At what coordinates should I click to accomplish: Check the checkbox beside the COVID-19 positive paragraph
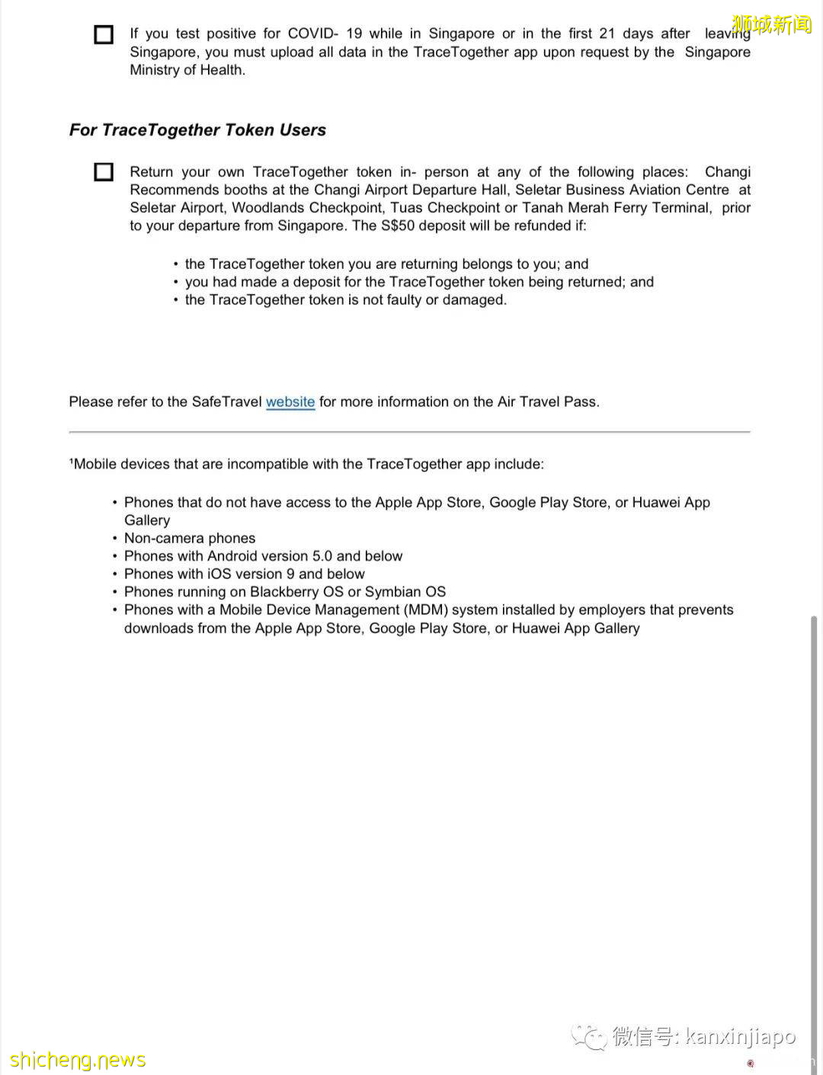(104, 35)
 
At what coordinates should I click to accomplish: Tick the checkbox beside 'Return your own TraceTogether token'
(104, 172)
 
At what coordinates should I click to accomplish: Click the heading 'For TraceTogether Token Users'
(197, 130)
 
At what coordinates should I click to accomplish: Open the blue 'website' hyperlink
(290, 402)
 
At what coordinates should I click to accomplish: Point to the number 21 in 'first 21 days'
(607, 34)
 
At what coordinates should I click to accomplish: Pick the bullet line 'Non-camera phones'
(190, 539)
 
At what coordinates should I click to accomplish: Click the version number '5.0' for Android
(322, 556)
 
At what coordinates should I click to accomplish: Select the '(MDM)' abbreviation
(425, 610)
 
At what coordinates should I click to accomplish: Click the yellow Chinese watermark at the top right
(771, 25)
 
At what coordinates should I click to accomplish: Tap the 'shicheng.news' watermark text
(78, 1060)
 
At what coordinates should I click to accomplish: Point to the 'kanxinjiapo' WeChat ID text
(741, 1037)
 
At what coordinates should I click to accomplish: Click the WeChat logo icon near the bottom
(589, 1037)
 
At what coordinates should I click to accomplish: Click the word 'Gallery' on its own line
(147, 520)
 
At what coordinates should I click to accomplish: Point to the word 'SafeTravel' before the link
(226, 402)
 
